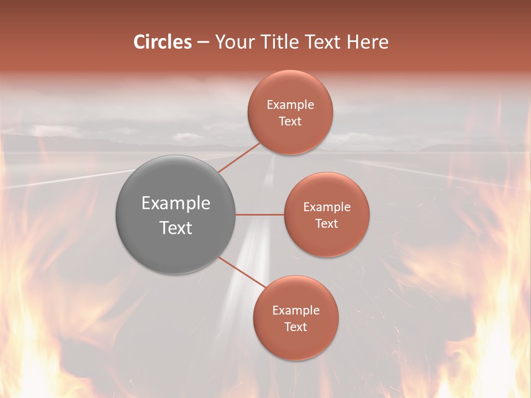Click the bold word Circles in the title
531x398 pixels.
pos(162,42)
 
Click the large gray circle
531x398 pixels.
pos(176,214)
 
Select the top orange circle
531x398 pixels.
pos(290,112)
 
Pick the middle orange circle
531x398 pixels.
pos(326,214)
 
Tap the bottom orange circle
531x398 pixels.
pos(295,318)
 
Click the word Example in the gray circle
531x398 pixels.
pos(176,203)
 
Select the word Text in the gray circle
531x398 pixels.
pos(176,228)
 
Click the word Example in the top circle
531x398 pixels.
pos(290,104)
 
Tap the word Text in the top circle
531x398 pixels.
pos(290,121)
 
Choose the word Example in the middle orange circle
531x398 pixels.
pos(327,207)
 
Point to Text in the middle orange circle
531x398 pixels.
pos(326,223)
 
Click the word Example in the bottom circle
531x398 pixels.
pos(296,310)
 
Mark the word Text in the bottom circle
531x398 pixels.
pos(295,327)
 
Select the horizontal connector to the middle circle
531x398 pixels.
pos(260,214)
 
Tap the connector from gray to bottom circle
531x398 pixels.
pos(242,273)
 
